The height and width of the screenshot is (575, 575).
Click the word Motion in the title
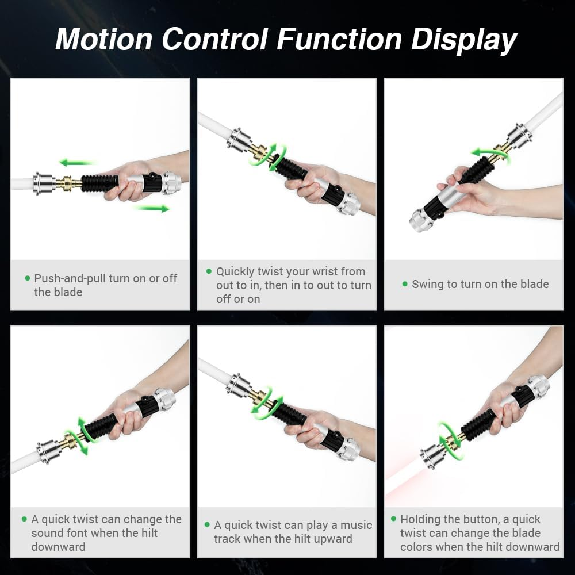[103, 39]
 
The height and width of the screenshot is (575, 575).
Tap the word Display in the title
[464, 40]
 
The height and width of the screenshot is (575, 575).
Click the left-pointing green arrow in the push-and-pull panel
[77, 162]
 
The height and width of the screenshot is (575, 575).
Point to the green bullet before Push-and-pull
[28, 278]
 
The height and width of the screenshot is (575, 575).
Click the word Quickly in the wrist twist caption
[235, 272]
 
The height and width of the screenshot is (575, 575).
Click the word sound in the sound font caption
[48, 533]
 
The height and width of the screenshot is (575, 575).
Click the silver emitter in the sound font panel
[48, 452]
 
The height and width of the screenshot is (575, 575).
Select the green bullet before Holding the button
[393, 519]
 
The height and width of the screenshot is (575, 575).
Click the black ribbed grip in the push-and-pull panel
[99, 183]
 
